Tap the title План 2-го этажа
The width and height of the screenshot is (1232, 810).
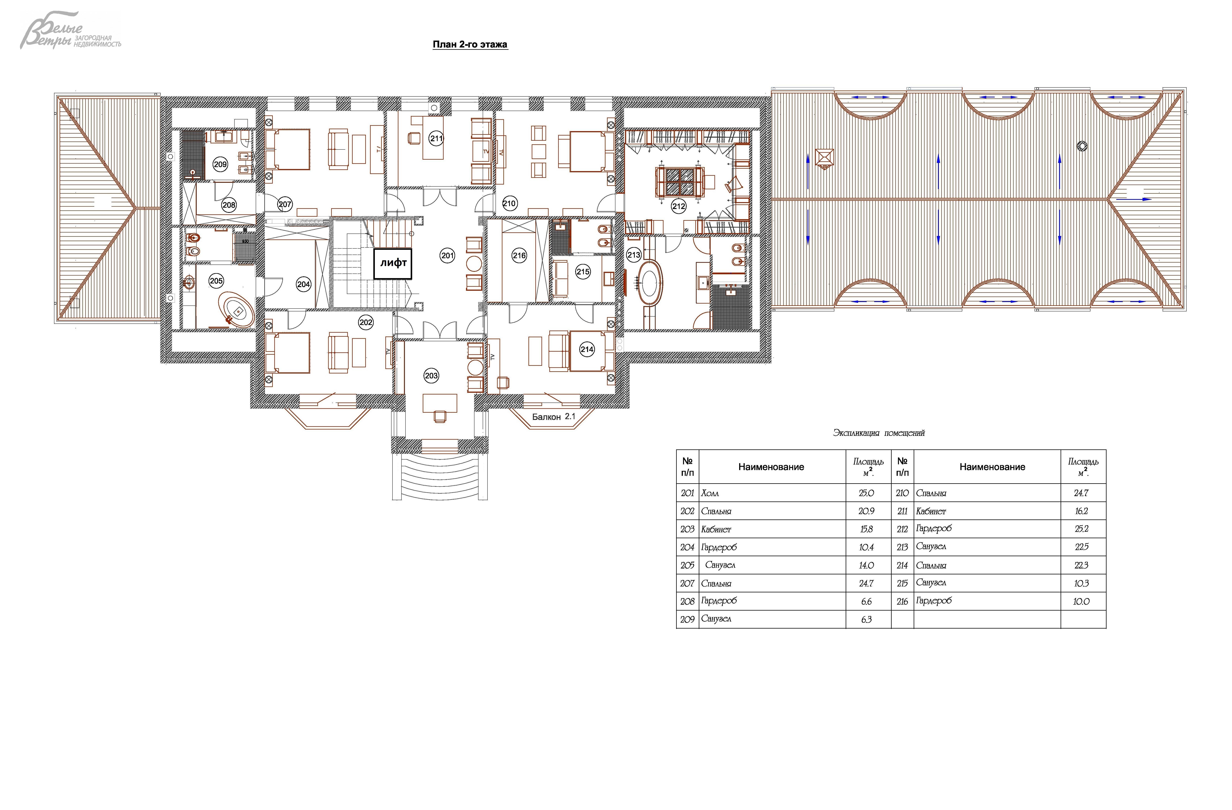click(x=470, y=44)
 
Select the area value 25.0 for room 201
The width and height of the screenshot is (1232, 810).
click(x=866, y=493)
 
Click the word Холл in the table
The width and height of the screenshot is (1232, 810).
click(x=710, y=493)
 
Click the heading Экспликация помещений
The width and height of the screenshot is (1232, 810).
click(x=878, y=433)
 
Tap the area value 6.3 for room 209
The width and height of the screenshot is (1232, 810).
click(x=866, y=619)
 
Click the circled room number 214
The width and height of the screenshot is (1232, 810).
click(x=587, y=349)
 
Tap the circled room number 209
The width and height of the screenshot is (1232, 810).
click(x=220, y=164)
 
